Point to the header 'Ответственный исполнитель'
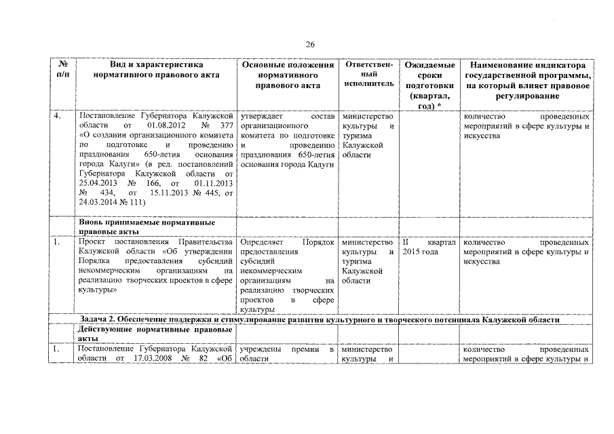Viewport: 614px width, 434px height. (368, 74)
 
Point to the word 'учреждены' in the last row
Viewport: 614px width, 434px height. (261, 349)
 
